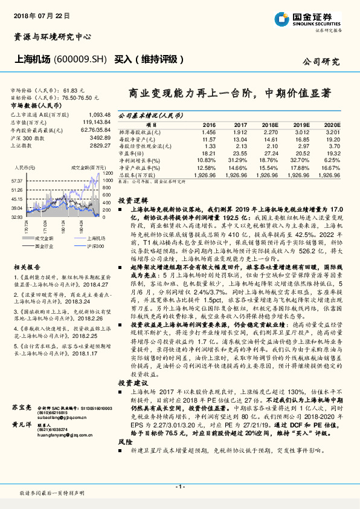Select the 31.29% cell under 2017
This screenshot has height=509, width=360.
tap(239, 160)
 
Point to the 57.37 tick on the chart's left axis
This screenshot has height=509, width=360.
tap(18, 181)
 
